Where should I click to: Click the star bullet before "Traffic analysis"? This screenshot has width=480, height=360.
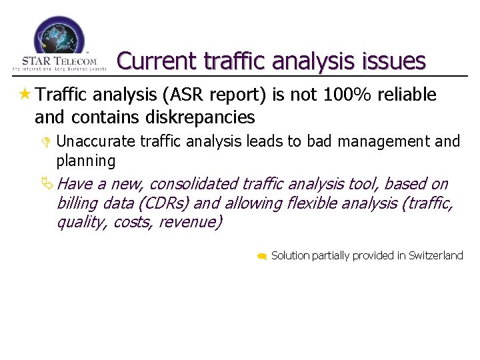tap(25, 95)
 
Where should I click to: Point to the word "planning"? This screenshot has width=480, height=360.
tap(86, 161)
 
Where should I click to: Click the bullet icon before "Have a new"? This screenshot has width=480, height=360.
tap(47, 183)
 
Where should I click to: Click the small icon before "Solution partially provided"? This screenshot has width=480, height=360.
tap(263, 256)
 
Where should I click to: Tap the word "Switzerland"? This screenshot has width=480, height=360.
tap(435, 255)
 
